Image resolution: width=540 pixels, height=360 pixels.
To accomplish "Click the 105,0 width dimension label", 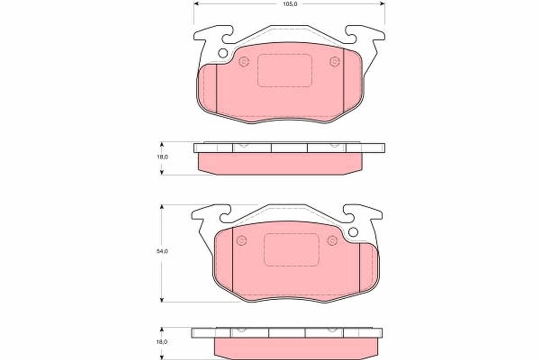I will point(289,4).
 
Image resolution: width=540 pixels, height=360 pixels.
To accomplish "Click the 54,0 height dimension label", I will point(162,252).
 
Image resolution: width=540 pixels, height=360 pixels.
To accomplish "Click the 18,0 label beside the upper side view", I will point(162,157).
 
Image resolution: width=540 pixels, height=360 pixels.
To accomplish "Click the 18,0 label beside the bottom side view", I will point(162,342).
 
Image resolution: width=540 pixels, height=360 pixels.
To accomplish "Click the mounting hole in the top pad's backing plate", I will point(223,53).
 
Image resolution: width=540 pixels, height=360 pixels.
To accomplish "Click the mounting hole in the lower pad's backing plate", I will point(353,232).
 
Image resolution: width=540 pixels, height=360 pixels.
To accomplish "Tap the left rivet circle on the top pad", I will point(244,62).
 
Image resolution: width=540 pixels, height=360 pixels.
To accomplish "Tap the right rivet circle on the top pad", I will point(334,61).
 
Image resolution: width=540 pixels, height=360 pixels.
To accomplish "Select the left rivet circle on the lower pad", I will point(242,241).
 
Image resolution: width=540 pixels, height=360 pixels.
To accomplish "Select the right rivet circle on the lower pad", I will point(332,240).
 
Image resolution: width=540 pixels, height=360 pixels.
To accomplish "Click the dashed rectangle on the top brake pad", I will point(285,70).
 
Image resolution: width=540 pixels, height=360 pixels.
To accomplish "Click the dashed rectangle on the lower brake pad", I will point(291,250).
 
